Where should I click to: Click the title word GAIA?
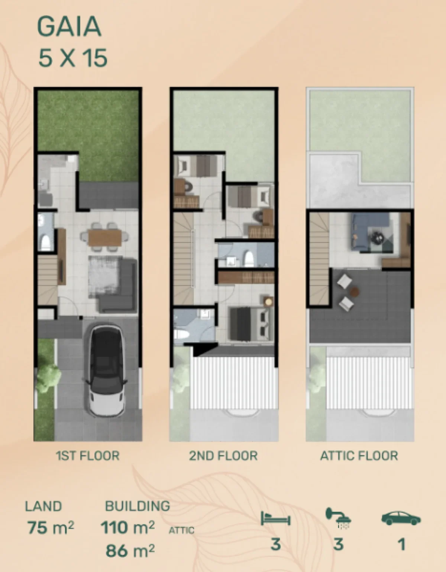tap(69, 26)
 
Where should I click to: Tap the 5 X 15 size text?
tap(73, 58)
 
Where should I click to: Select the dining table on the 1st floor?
tap(105, 237)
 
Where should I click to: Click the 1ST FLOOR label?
tap(88, 456)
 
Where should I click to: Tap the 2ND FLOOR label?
tap(223, 456)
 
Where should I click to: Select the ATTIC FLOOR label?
tap(359, 456)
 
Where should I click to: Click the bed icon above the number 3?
tap(275, 519)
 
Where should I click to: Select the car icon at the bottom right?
tap(401, 518)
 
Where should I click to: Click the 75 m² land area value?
tap(51, 527)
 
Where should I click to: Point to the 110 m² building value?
tap(127, 527)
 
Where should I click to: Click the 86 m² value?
tap(130, 550)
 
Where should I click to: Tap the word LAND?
tap(43, 506)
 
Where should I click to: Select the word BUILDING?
tap(138, 506)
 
